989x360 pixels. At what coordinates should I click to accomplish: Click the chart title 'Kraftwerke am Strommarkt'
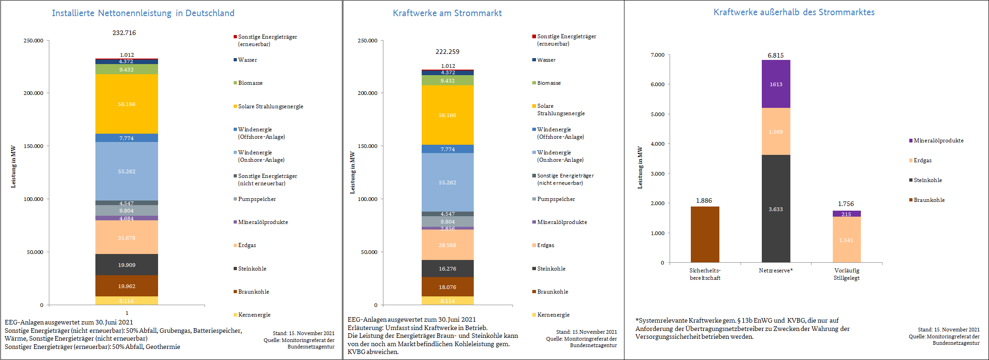(x=447, y=13)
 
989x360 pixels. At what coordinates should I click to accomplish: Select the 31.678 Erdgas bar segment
(x=126, y=237)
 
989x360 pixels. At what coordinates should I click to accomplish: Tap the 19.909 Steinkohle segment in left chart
(x=126, y=265)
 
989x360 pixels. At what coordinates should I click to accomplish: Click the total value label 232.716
(x=124, y=33)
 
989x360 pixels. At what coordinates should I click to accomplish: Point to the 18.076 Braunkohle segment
(x=447, y=287)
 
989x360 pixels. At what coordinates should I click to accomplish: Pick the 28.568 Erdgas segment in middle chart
(x=447, y=245)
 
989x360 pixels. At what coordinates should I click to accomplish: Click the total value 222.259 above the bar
(x=447, y=52)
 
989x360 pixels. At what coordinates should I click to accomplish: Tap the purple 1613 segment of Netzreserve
(x=776, y=84)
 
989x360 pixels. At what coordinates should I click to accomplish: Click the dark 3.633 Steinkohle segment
(x=776, y=209)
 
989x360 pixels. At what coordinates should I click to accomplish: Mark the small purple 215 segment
(x=846, y=214)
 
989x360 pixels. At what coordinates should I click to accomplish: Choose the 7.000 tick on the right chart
(x=658, y=55)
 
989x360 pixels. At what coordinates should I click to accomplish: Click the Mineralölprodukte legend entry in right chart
(x=938, y=141)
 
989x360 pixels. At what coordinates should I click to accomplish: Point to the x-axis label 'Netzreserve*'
(x=776, y=271)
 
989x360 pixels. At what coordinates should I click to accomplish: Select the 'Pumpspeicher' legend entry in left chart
(x=257, y=199)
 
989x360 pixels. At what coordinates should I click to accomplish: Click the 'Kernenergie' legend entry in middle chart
(x=553, y=315)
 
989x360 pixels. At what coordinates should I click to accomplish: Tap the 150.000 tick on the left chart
(x=34, y=146)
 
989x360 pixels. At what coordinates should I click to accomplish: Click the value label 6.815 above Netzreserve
(x=776, y=55)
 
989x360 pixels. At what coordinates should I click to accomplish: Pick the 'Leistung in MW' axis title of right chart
(x=640, y=167)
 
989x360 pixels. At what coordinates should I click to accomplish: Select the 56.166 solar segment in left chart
(x=126, y=104)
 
